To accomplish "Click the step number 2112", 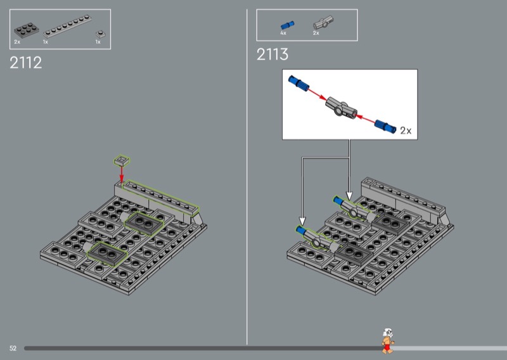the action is click(x=26, y=63).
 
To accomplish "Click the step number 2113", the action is click(x=273, y=54).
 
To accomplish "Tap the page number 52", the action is click(x=13, y=348).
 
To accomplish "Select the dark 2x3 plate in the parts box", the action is click(x=26, y=30).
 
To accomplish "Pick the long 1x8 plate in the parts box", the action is click(x=67, y=26).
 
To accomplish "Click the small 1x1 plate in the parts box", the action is click(x=99, y=34).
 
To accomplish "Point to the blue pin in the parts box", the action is click(x=287, y=25).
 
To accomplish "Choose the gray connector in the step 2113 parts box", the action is click(x=323, y=23).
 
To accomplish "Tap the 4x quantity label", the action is click(x=283, y=33).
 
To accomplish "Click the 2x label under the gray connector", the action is click(x=316, y=33).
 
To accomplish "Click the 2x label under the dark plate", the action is click(x=17, y=42).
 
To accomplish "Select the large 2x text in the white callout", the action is click(x=406, y=131).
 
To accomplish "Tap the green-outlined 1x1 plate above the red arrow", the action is click(x=122, y=160).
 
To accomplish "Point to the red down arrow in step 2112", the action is click(x=122, y=174).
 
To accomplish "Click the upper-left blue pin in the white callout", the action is click(x=298, y=84).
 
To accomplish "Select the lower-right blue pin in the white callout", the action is click(x=385, y=126).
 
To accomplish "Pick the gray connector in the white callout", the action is click(x=341, y=108).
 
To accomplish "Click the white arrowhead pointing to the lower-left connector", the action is click(x=302, y=221).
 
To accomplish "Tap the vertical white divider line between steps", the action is click(x=247, y=177).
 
